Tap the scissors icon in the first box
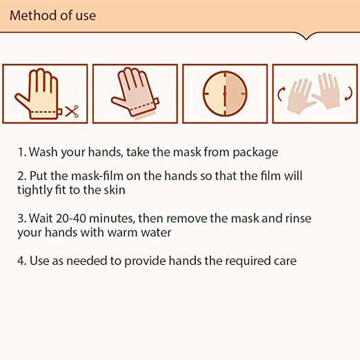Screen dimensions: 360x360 72,110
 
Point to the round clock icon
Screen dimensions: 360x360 225,94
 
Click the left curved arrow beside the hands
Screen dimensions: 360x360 281,94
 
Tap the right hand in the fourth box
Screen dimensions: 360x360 328,94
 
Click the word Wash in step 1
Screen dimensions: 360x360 41,152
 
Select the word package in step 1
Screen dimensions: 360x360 256,152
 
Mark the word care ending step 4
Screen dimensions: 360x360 283,261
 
